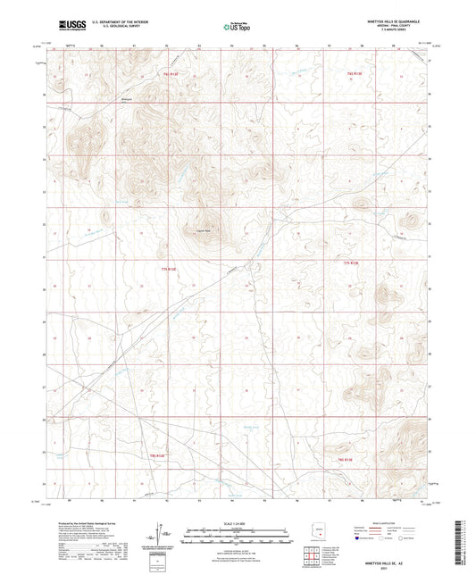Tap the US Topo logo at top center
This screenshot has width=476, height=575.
[234, 27]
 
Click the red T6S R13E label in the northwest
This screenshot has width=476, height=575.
[171, 74]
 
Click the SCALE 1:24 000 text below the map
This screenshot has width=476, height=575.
[238, 524]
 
